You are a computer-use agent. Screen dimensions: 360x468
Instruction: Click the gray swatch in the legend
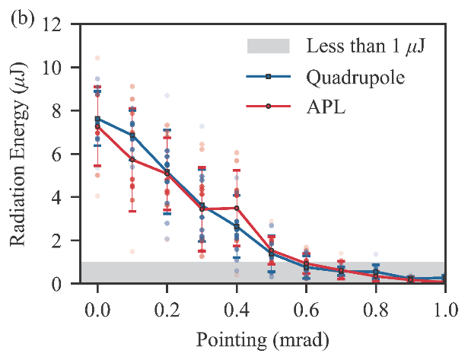(269, 46)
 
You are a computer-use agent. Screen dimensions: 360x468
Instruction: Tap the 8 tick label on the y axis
(62, 111)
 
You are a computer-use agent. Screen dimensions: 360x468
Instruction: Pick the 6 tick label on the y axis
(62, 155)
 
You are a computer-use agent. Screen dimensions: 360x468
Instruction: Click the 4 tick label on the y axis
(62, 198)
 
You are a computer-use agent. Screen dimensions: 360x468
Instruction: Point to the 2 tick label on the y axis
(62, 241)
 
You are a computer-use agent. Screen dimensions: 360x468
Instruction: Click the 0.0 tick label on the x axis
(97, 308)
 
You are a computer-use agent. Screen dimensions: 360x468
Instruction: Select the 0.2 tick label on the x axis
(167, 308)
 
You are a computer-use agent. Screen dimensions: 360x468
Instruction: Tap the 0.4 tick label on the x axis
(237, 308)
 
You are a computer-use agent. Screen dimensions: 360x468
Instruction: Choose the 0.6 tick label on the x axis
(306, 308)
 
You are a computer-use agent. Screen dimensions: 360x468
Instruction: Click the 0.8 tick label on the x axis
(376, 308)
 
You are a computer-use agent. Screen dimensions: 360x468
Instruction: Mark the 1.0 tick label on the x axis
(445, 308)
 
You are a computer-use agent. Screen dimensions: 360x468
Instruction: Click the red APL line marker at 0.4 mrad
(237, 208)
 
